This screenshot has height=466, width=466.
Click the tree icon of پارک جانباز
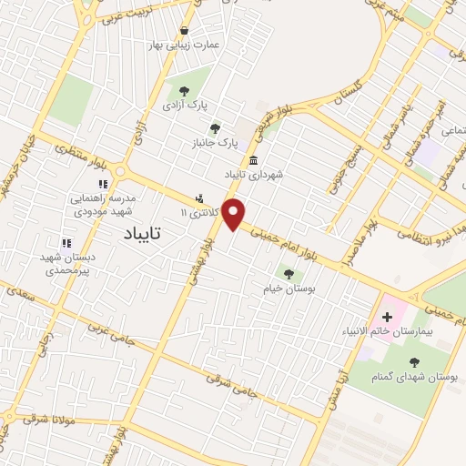pos(215,128)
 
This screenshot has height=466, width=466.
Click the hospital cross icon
pos(388,317)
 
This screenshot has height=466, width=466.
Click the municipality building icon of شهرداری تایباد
pos(252,159)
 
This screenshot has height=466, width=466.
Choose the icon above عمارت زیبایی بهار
pos(186,30)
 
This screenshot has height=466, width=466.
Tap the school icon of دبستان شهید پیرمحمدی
pos(65,243)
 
